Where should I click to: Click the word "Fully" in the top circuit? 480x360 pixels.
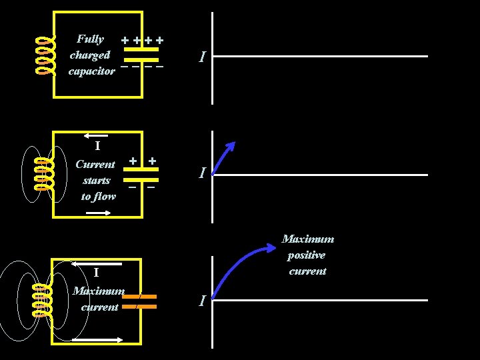click(90, 39)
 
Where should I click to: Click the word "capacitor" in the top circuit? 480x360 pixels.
click(92, 71)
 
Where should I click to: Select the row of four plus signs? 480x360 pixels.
click(143, 40)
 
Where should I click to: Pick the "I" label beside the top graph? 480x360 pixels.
click(201, 58)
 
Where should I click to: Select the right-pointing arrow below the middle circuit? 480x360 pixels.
click(99, 213)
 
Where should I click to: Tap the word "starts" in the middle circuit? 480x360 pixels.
click(97, 180)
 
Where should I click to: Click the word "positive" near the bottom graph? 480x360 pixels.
click(307, 255)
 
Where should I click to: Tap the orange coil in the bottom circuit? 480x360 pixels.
click(41, 300)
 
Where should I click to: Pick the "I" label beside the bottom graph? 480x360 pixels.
click(201, 301)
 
